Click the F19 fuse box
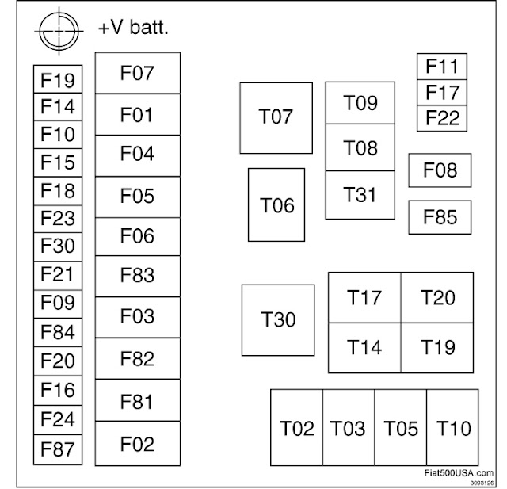(57, 79)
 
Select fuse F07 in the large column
(137, 74)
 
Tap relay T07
(276, 118)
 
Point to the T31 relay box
(360, 195)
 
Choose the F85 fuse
(440, 217)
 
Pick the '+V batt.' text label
(134, 28)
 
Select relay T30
(278, 320)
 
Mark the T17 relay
(364, 298)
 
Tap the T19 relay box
(437, 347)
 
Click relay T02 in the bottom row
(296, 428)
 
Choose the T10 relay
(454, 428)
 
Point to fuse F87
(57, 449)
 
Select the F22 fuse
(442, 119)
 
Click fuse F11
(442, 66)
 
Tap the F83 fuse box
(137, 276)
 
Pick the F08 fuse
(440, 170)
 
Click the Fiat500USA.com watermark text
(458, 472)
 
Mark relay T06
(277, 204)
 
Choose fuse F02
(137, 444)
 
